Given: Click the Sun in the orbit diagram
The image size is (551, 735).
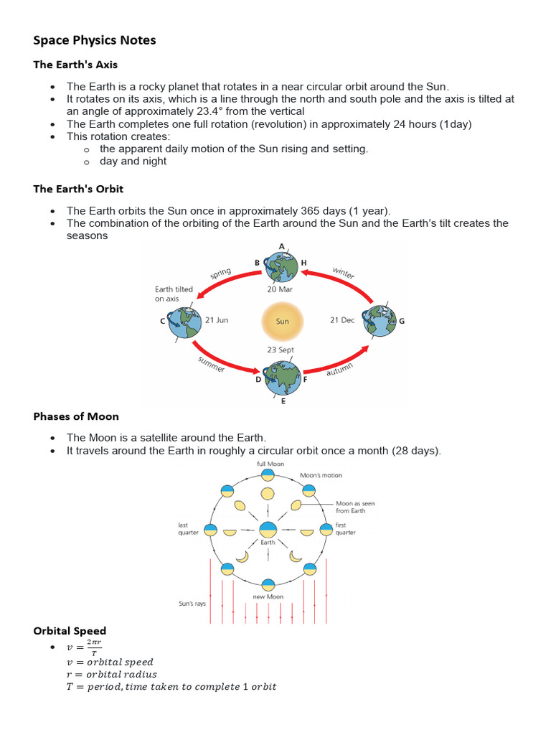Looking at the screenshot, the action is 282,320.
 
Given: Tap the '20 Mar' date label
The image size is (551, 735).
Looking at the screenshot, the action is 281,290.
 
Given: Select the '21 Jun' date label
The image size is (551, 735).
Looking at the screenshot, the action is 217,320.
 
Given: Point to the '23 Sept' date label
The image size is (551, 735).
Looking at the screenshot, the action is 281,350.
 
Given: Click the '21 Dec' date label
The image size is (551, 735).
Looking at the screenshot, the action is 342,320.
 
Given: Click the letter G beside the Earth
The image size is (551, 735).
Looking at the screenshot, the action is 402,321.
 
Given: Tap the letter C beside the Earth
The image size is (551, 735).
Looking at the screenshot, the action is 163,321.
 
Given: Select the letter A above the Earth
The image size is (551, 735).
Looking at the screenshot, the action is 282,246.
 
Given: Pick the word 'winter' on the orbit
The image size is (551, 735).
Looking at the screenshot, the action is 343,273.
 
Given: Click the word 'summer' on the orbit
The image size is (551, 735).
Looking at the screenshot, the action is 211,364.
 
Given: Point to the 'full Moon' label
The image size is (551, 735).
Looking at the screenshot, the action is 270,464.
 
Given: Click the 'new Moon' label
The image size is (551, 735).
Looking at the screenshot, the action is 268,596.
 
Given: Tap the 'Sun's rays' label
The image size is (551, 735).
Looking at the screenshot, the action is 192,604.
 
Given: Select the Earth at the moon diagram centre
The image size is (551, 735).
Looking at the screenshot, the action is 268,530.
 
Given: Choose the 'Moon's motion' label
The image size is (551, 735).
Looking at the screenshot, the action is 321,475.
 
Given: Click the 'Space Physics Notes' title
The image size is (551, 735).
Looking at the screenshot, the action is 95,40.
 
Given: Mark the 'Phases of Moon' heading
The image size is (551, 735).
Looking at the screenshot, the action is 76,416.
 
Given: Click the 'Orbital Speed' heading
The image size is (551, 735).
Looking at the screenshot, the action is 70,631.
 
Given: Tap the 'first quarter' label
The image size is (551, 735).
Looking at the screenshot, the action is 346,529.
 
